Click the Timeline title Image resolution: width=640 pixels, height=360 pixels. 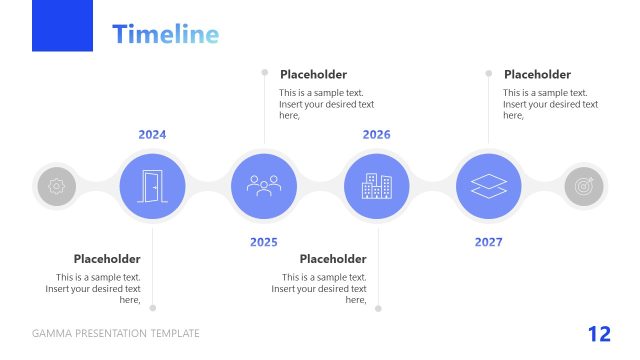[x=165, y=34]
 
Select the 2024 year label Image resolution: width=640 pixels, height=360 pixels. [x=152, y=134]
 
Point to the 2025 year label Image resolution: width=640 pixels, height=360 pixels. [x=264, y=242]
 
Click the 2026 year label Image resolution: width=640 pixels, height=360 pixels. [x=376, y=134]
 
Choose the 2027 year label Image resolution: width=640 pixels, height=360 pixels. [x=488, y=242]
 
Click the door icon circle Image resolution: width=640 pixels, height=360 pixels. [x=152, y=186]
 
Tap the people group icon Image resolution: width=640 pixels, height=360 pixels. [x=264, y=186]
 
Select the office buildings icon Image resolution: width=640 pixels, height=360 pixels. [x=376, y=186]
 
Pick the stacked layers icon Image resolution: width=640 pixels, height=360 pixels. [x=488, y=186]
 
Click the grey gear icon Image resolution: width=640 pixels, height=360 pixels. [x=56, y=186]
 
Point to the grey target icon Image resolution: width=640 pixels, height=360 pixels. [x=584, y=186]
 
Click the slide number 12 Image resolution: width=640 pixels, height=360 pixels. [x=599, y=334]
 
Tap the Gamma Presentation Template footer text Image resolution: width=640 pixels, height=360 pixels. [x=116, y=334]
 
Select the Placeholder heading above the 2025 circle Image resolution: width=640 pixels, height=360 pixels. [x=313, y=74]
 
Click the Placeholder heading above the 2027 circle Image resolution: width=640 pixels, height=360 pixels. [x=537, y=74]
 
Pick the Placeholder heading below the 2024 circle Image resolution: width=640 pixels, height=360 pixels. [x=107, y=259]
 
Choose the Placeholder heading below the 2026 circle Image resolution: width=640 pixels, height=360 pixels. [x=333, y=259]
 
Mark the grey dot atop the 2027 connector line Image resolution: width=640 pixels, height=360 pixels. [x=489, y=73]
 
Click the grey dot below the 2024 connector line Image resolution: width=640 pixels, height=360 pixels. [x=153, y=308]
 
